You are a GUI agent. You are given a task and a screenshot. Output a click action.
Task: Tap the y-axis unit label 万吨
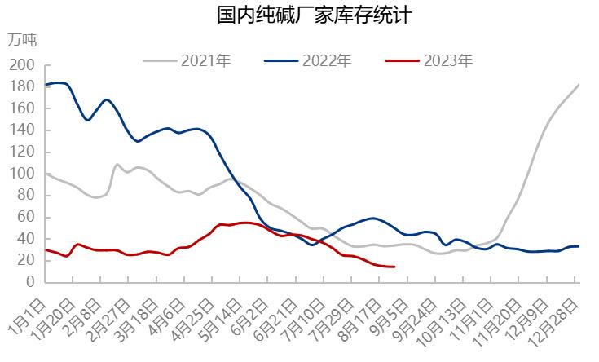(x=22, y=39)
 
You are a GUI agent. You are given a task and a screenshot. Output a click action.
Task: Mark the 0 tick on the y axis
(x=30, y=282)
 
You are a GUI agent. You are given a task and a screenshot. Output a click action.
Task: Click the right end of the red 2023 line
(x=394, y=267)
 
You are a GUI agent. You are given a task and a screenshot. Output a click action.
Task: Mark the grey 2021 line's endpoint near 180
(x=579, y=85)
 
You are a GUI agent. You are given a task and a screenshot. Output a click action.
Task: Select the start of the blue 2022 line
(x=46, y=85)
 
